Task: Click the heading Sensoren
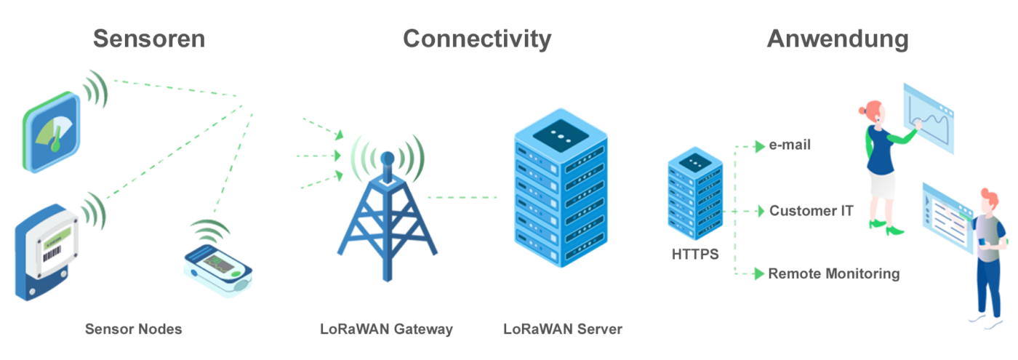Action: point(148,39)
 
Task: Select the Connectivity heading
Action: point(477,39)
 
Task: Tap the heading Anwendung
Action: point(837,39)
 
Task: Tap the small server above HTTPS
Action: point(695,195)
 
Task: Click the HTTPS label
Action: point(695,255)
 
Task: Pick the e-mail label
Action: point(790,145)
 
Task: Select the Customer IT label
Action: point(811,211)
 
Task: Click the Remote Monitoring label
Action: point(834,274)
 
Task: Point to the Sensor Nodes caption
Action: point(133,329)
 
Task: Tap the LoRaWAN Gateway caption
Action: point(386,329)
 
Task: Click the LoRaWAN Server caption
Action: point(563,329)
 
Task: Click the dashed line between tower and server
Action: point(462,197)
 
